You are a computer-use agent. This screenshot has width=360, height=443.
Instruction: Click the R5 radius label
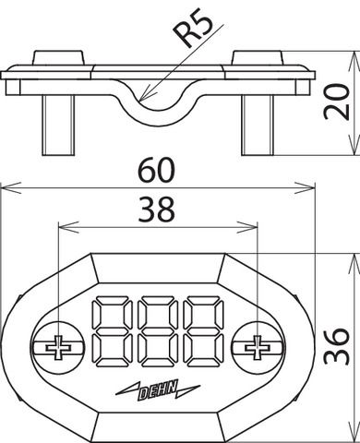192,30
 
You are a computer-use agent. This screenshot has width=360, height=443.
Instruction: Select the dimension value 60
157,170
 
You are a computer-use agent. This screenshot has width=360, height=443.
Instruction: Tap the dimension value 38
157,210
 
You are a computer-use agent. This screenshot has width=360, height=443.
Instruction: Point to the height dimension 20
337,102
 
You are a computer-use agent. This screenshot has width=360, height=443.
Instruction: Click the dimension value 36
337,346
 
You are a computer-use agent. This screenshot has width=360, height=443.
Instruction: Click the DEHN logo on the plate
158,390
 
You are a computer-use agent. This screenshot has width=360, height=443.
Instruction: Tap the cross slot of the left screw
58,348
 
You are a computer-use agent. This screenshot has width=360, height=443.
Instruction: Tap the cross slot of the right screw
257,348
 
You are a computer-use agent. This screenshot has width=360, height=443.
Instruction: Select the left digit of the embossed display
112,331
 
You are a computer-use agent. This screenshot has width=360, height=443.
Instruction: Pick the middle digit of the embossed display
158,331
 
